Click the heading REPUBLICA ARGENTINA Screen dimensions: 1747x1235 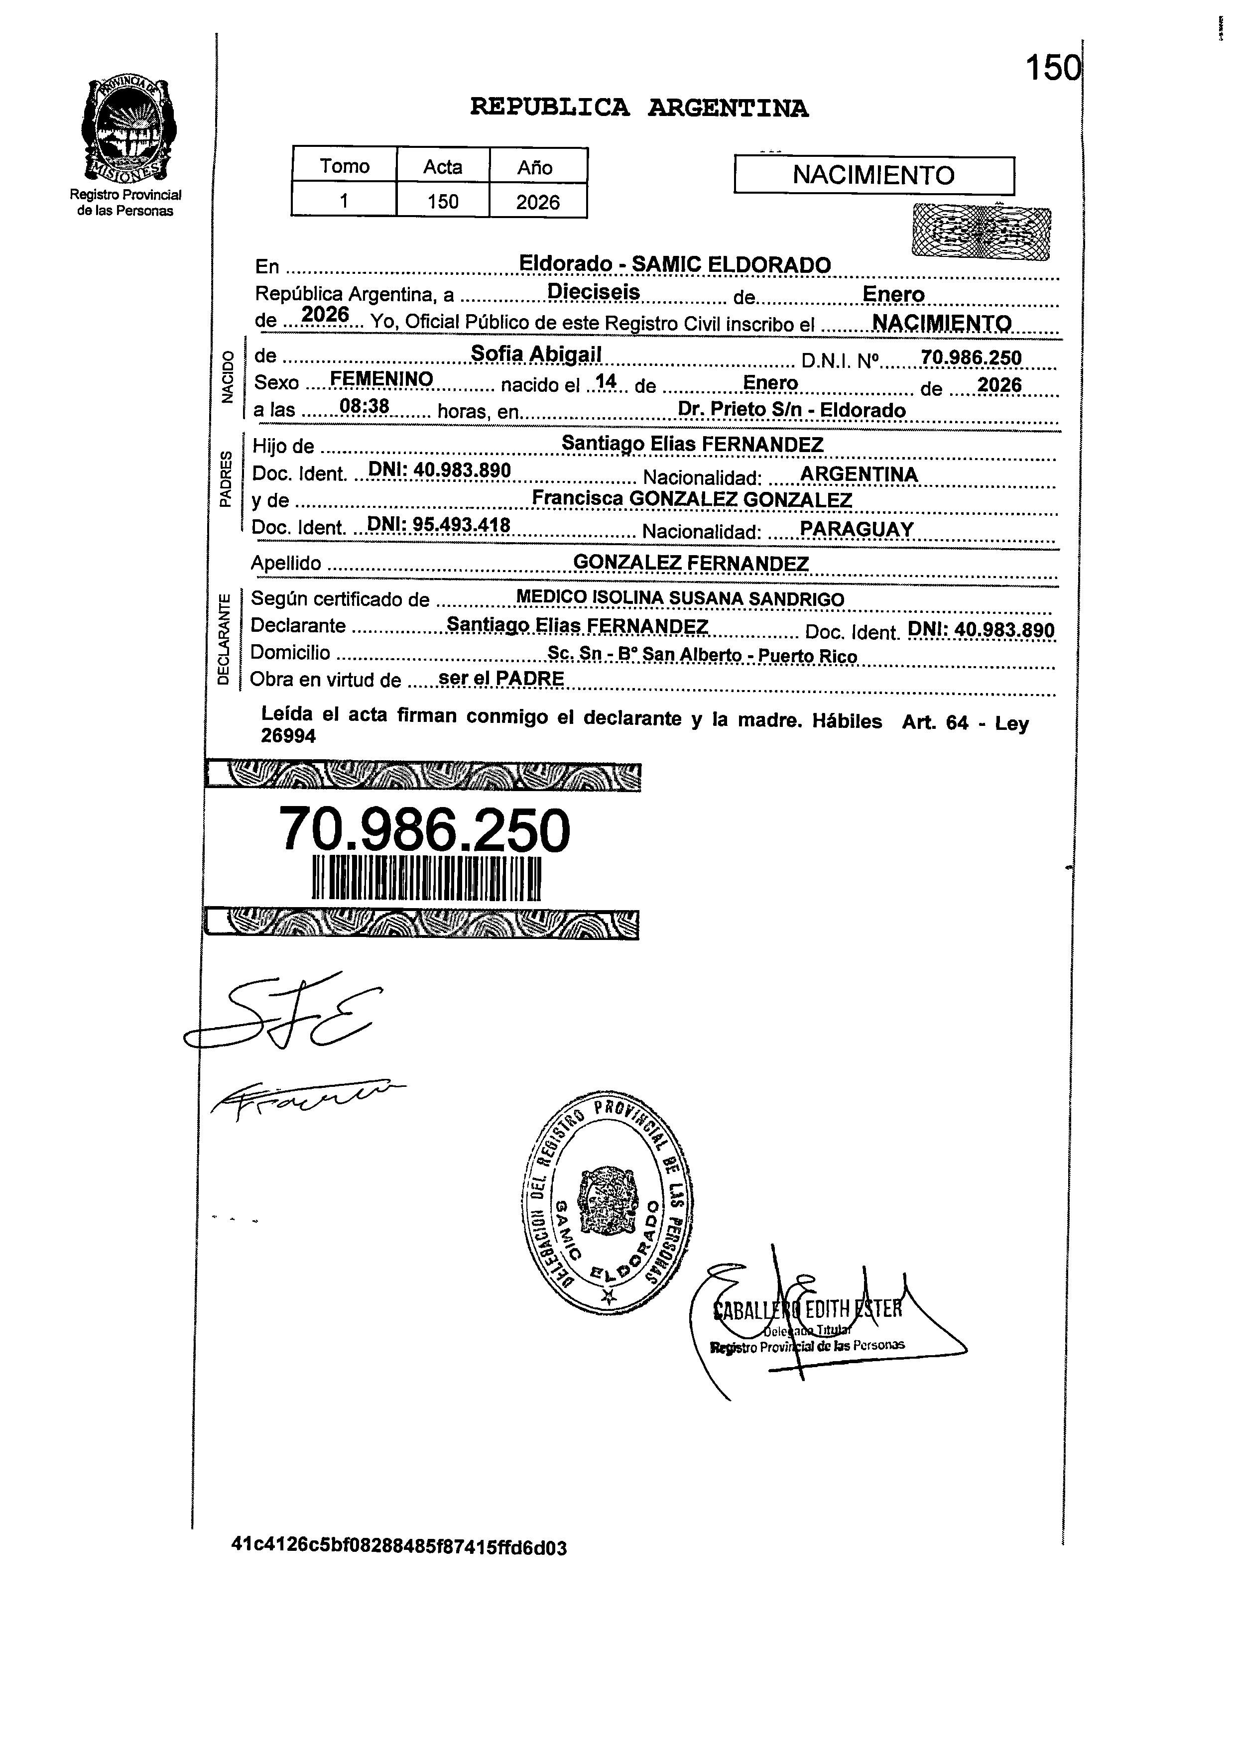tap(639, 108)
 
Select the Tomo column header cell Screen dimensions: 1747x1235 tap(344, 166)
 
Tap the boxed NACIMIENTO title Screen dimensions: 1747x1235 tap(873, 176)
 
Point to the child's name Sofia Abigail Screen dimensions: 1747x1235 tap(536, 354)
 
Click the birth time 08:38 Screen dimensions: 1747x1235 tap(365, 408)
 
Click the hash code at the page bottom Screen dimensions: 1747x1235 tap(399, 1547)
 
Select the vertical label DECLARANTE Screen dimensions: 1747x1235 tap(223, 639)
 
